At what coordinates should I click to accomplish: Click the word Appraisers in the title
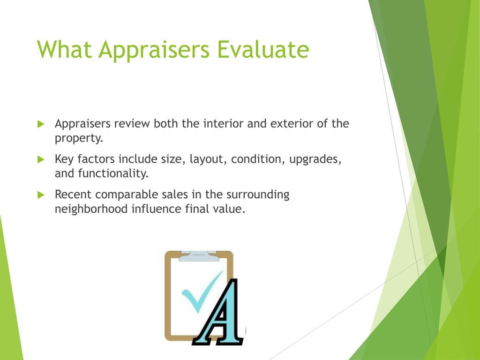[154, 50]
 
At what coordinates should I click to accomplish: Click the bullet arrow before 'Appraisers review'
[41, 124]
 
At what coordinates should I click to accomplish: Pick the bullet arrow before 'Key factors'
[41, 159]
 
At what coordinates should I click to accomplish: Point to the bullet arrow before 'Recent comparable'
[41, 195]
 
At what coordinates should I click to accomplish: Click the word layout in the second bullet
[207, 159]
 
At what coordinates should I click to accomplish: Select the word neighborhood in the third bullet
[91, 209]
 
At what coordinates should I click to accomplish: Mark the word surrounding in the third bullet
[258, 195]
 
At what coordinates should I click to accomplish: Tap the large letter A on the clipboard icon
[218, 313]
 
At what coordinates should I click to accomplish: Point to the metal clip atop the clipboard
[199, 256]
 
